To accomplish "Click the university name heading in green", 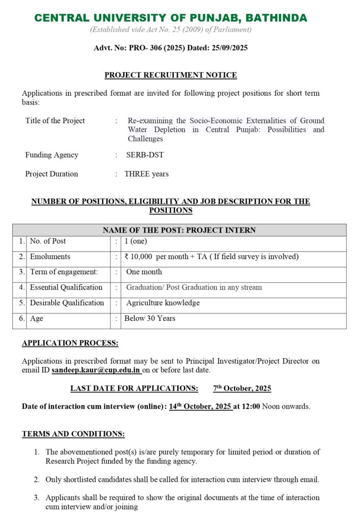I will [x=171, y=18].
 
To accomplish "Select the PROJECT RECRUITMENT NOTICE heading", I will [x=171, y=75].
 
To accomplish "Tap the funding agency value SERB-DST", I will [x=145, y=155].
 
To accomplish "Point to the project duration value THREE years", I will [x=146, y=174].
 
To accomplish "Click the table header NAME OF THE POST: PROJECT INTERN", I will [x=179, y=230].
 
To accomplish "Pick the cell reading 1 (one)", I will [x=136, y=241].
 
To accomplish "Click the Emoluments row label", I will [x=50, y=256].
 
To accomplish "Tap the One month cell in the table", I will [x=144, y=272].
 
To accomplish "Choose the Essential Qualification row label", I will [x=66, y=287].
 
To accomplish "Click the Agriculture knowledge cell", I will [x=163, y=303].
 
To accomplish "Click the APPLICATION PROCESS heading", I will [x=70, y=343].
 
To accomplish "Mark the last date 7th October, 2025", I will [x=242, y=389].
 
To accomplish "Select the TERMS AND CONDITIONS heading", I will [x=73, y=434].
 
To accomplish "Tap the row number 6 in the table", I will [x=22, y=319].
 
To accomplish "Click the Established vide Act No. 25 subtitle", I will [x=171, y=30].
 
